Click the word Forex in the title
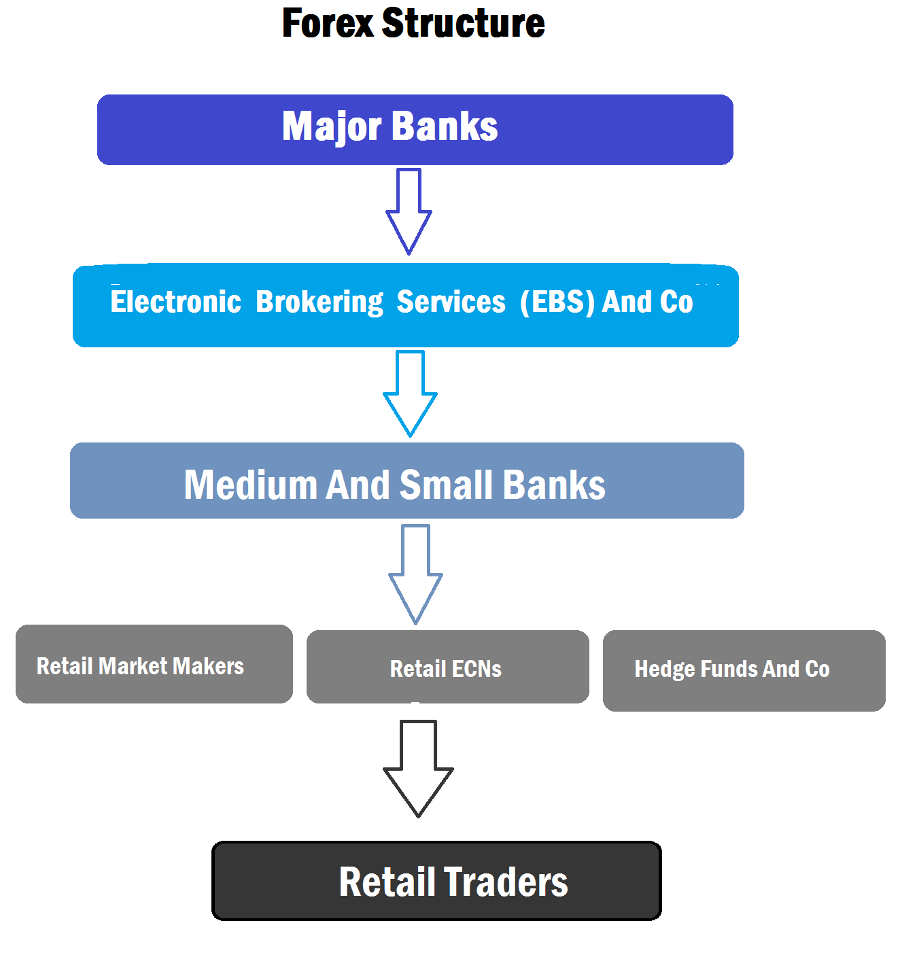pyautogui.click(x=328, y=23)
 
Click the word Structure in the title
pyautogui.click(x=463, y=23)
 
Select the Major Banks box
pyautogui.click(x=415, y=129)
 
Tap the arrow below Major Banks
pyautogui.click(x=409, y=211)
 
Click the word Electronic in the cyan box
pyautogui.click(x=175, y=302)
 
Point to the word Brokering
pyautogui.click(x=319, y=302)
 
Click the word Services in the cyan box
pyautogui.click(x=451, y=302)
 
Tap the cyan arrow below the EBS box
pyautogui.click(x=410, y=394)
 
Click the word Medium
pyautogui.click(x=250, y=485)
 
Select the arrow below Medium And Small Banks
pyautogui.click(x=415, y=574)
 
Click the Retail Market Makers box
pyautogui.click(x=154, y=664)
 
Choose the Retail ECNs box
pyautogui.click(x=447, y=667)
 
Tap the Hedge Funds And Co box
pyautogui.click(x=744, y=670)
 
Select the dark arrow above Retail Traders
pyautogui.click(x=418, y=769)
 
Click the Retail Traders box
pyautogui.click(x=436, y=881)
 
